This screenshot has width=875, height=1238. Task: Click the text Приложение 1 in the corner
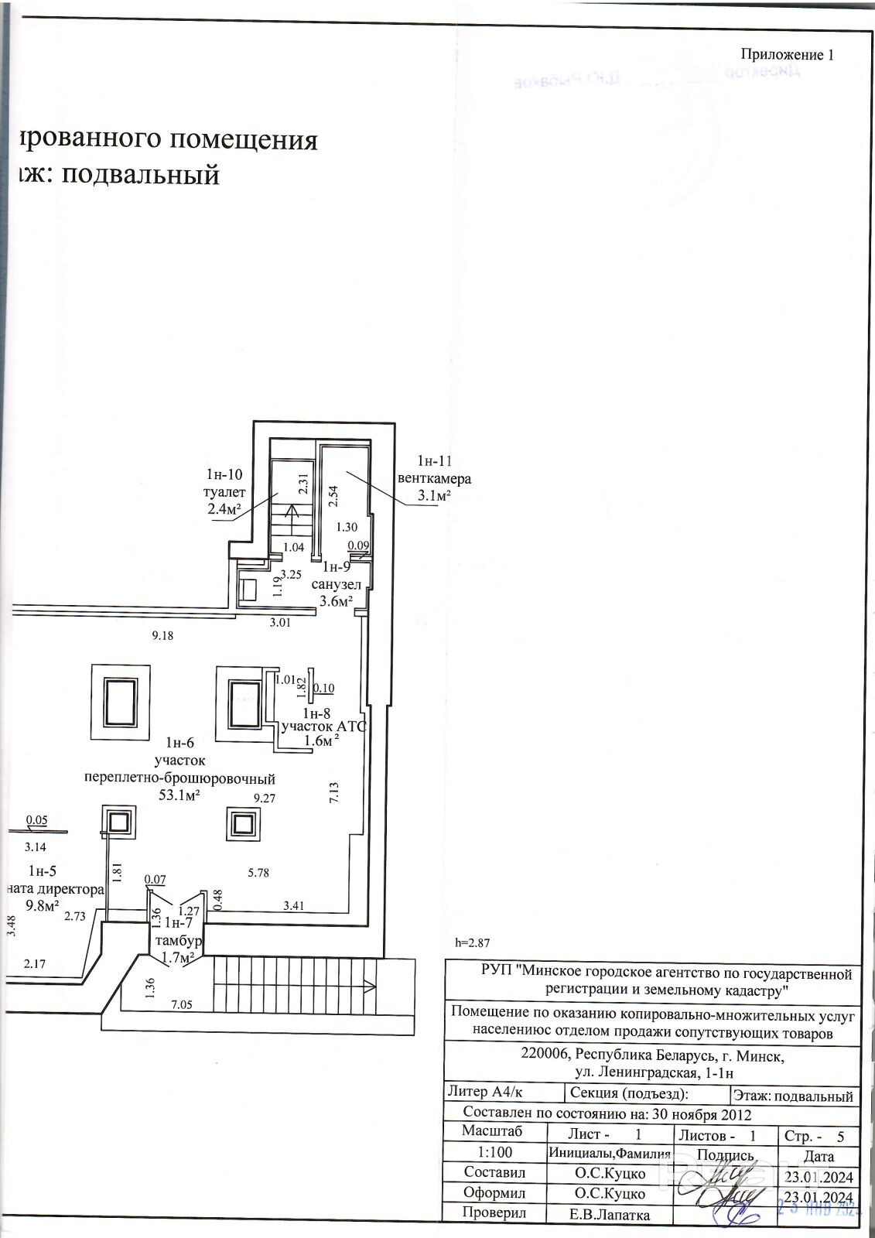[x=788, y=54]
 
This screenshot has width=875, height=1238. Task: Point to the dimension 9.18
[x=163, y=635]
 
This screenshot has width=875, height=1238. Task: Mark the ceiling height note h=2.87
[x=472, y=942]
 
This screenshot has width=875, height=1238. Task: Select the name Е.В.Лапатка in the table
[x=610, y=1215]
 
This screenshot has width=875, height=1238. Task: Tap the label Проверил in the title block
[x=494, y=1212]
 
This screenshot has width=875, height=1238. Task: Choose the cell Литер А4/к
[x=485, y=1092]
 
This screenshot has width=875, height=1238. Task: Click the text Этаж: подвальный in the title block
[x=793, y=1096]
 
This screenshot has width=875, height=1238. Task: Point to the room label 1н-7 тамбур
[x=179, y=932]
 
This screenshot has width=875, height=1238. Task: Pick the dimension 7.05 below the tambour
[x=181, y=1004]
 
